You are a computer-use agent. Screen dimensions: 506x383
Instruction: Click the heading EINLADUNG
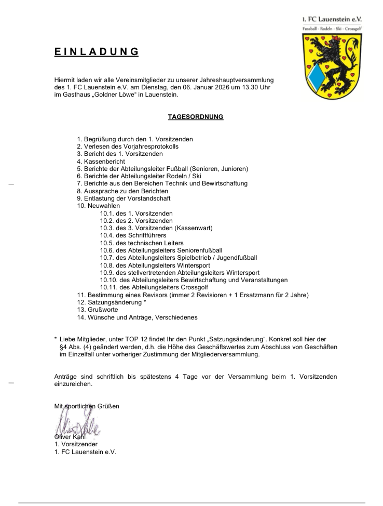pyautogui.click(x=97, y=52)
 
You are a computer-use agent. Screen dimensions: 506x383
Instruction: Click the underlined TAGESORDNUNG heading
pyautogui.click(x=196, y=117)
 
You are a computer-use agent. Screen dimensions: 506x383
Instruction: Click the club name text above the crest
pyautogui.click(x=332, y=19)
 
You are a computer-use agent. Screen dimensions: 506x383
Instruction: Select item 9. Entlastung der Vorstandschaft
pyautogui.click(x=124, y=198)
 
